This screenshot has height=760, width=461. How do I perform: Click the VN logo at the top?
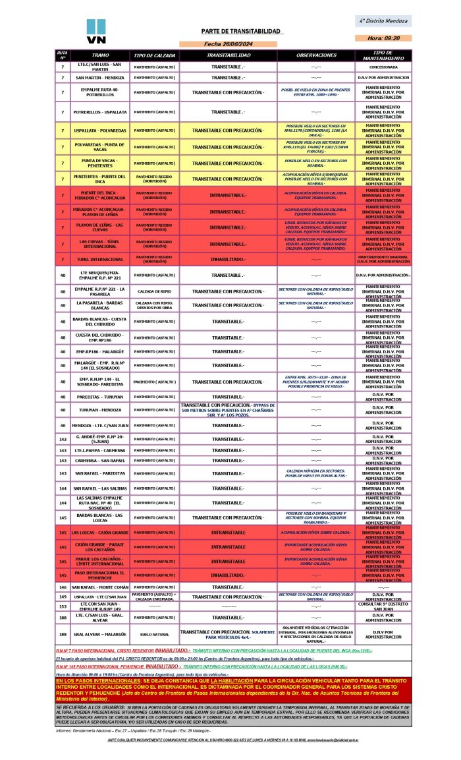pyautogui.click(x=96, y=31)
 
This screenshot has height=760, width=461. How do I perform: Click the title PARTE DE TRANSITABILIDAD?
pyautogui.click(x=242, y=32)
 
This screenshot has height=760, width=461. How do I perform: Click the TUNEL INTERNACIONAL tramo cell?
pyautogui.click(x=100, y=258)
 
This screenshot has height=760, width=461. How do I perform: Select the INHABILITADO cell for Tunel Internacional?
pyautogui.click(x=227, y=258)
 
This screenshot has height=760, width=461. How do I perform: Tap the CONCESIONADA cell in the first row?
pyautogui.click(x=383, y=67)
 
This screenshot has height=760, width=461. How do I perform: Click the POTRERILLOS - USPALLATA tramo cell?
pyautogui.click(x=100, y=111)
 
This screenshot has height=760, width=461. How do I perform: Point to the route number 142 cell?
pyautogui.click(x=63, y=438)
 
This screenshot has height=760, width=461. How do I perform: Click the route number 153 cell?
pyautogui.click(x=63, y=606)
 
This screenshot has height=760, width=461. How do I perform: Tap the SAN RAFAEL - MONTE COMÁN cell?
pyautogui.click(x=100, y=587)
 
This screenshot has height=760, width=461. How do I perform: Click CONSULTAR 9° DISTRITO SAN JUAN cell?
pyautogui.click(x=383, y=606)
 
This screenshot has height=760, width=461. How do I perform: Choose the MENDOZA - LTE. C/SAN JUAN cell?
pyautogui.click(x=100, y=425)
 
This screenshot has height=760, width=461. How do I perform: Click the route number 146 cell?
pyautogui.click(x=63, y=587)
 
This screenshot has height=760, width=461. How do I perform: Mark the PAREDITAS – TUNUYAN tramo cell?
pyautogui.click(x=100, y=397)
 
